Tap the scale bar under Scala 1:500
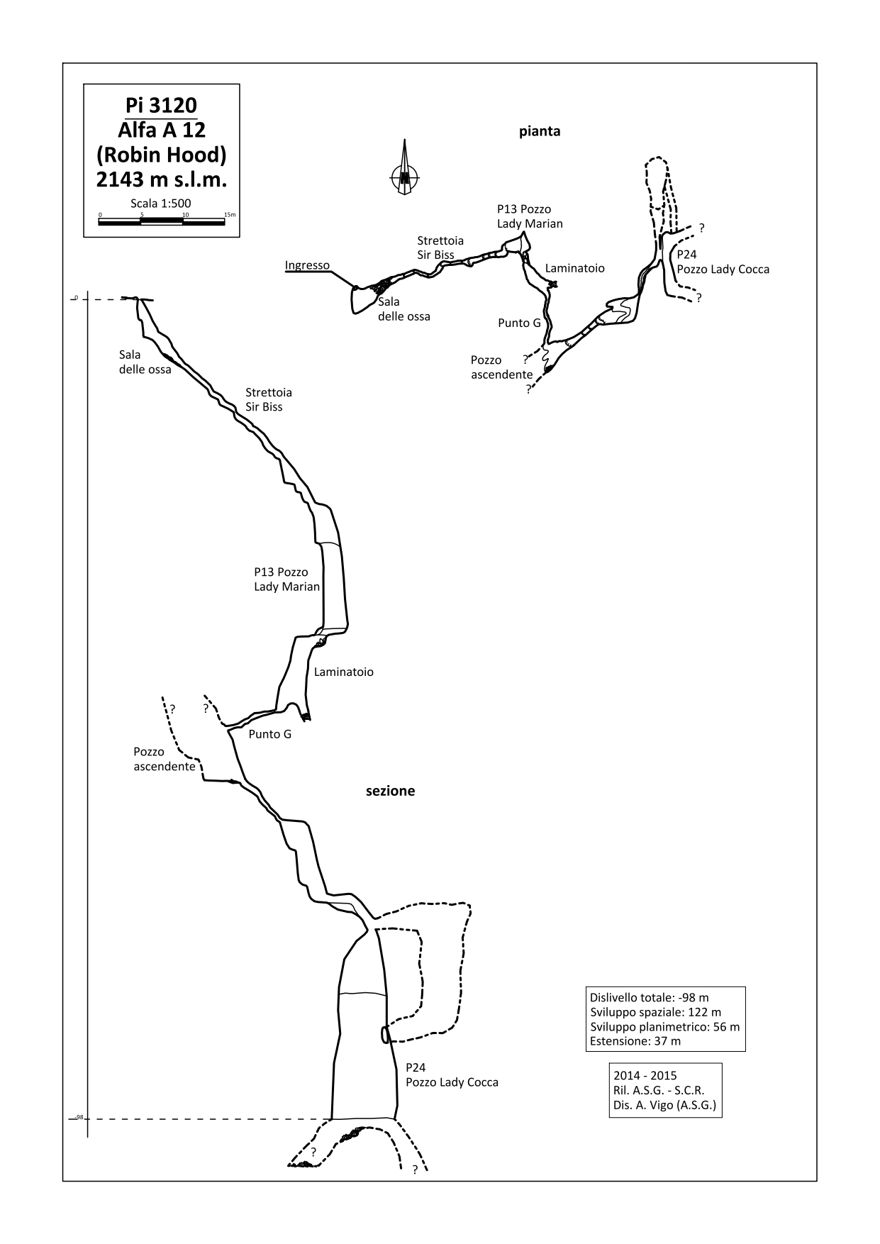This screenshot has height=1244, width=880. pyautogui.click(x=162, y=221)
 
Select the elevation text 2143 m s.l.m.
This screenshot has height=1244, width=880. pyautogui.click(x=161, y=179)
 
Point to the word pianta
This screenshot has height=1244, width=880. pyautogui.click(x=540, y=131)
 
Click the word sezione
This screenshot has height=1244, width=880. pyautogui.click(x=390, y=791)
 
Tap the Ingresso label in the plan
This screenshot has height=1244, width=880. pyautogui.click(x=307, y=266)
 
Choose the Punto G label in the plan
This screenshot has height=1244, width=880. pyautogui.click(x=519, y=323)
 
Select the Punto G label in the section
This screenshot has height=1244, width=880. pyautogui.click(x=269, y=734)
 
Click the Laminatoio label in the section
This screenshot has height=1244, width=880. pyautogui.click(x=343, y=672)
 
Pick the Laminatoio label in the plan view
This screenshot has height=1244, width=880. pyautogui.click(x=575, y=268)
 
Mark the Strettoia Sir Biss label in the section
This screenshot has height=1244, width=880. pyautogui.click(x=269, y=399)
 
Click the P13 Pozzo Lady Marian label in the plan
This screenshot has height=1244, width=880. pyautogui.click(x=530, y=216)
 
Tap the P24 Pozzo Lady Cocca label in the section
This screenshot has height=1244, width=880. pyautogui.click(x=452, y=1075)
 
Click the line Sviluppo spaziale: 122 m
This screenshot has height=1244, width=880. pyautogui.click(x=655, y=1012)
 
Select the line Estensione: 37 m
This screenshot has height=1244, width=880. pyautogui.click(x=635, y=1041)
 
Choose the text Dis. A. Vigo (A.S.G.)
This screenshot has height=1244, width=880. pyautogui.click(x=665, y=1105)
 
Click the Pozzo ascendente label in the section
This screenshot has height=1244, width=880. pyautogui.click(x=164, y=759)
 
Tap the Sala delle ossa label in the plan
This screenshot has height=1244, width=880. pyautogui.click(x=403, y=309)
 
